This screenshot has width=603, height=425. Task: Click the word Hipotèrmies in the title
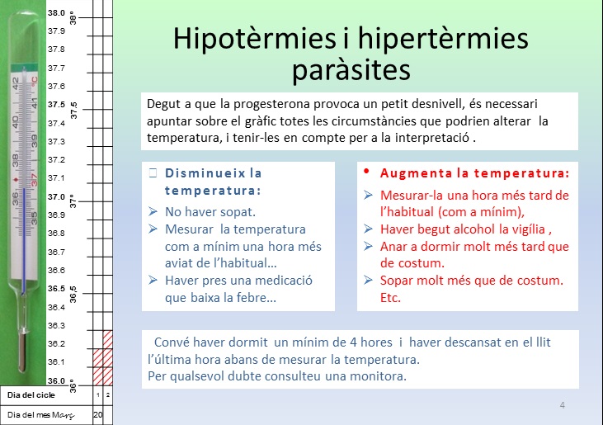[255, 39]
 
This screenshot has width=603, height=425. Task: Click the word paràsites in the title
[351, 70]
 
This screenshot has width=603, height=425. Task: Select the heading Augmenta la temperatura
[474, 173]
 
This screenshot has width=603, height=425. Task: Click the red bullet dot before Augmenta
[366, 171]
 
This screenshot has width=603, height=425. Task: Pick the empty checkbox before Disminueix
[153, 172]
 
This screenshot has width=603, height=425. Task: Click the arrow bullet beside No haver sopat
[153, 211]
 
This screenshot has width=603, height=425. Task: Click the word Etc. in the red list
[390, 298]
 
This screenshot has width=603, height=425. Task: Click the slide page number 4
[563, 405]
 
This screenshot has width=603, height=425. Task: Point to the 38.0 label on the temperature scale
[56, 12]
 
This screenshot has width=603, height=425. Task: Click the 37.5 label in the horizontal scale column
[57, 105]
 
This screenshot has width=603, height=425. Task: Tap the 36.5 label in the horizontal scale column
[56, 289]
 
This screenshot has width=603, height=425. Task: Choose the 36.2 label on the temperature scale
[56, 343]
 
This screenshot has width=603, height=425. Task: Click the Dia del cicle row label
[31, 395]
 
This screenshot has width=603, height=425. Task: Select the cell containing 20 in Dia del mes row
[98, 414]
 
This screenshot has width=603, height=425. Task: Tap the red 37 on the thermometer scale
[34, 180]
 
